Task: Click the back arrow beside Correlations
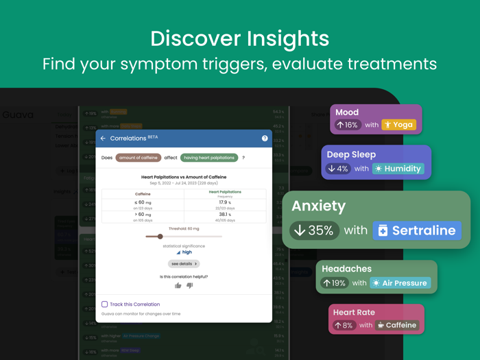click(103, 139)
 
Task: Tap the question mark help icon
click(265, 139)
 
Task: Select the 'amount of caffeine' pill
click(138, 158)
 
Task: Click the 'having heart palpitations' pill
click(209, 158)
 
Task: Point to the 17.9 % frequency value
click(224, 202)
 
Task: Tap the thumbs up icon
click(178, 285)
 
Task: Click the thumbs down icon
click(190, 285)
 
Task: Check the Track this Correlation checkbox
click(105, 304)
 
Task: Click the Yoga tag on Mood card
click(398, 125)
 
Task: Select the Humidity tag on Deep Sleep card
click(398, 168)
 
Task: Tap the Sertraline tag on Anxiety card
click(417, 230)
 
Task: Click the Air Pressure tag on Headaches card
click(400, 283)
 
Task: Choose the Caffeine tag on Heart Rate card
click(397, 325)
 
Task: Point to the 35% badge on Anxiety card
click(314, 230)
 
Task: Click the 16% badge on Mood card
click(347, 125)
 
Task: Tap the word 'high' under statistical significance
click(187, 252)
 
